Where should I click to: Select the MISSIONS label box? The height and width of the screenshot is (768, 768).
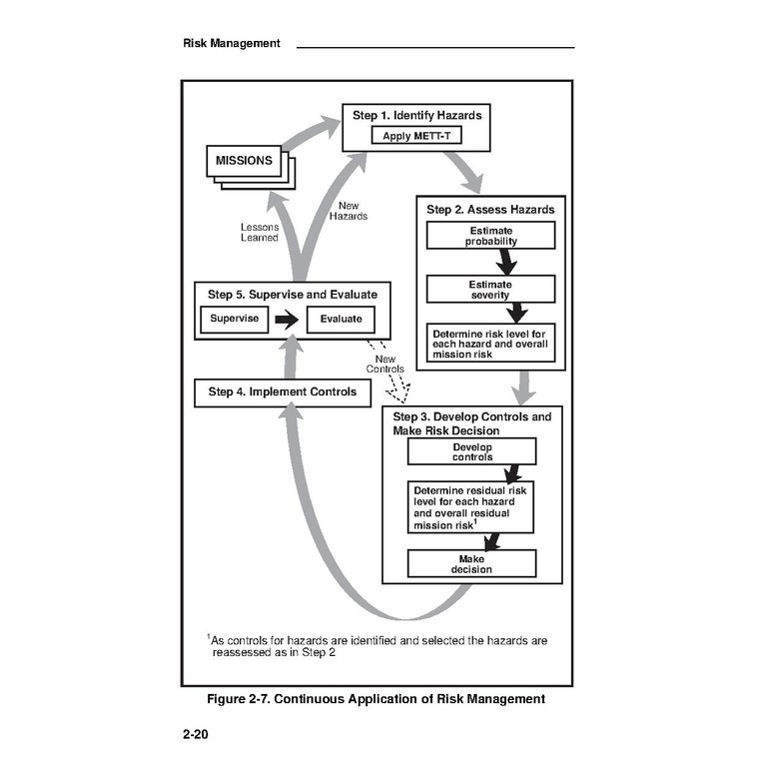pyautogui.click(x=244, y=161)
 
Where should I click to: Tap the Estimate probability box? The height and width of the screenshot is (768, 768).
pyautogui.click(x=490, y=237)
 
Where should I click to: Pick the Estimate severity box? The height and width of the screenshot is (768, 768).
pyautogui.click(x=490, y=290)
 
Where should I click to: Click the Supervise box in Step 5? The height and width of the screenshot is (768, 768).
pyautogui.click(x=234, y=319)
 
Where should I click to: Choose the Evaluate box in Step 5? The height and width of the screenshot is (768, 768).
pyautogui.click(x=341, y=319)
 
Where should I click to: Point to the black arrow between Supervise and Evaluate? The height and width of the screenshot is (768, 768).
pyautogui.click(x=288, y=320)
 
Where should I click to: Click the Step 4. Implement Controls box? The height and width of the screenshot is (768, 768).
pyautogui.click(x=283, y=392)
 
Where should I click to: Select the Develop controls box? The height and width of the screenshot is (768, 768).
pyautogui.click(x=471, y=452)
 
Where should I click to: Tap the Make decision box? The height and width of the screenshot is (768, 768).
pyautogui.click(x=471, y=564)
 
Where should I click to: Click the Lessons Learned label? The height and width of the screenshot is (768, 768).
pyautogui.click(x=260, y=232)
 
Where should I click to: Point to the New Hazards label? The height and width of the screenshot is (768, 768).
pyautogui.click(x=349, y=211)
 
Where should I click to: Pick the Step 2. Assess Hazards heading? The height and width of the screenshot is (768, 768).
pyautogui.click(x=490, y=210)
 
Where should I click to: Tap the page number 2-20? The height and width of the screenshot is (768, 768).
pyautogui.click(x=196, y=736)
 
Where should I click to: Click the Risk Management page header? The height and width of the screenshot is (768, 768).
pyautogui.click(x=232, y=43)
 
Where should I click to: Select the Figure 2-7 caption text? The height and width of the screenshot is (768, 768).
pyautogui.click(x=377, y=699)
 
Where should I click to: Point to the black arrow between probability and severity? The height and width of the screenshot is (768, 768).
pyautogui.click(x=507, y=262)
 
